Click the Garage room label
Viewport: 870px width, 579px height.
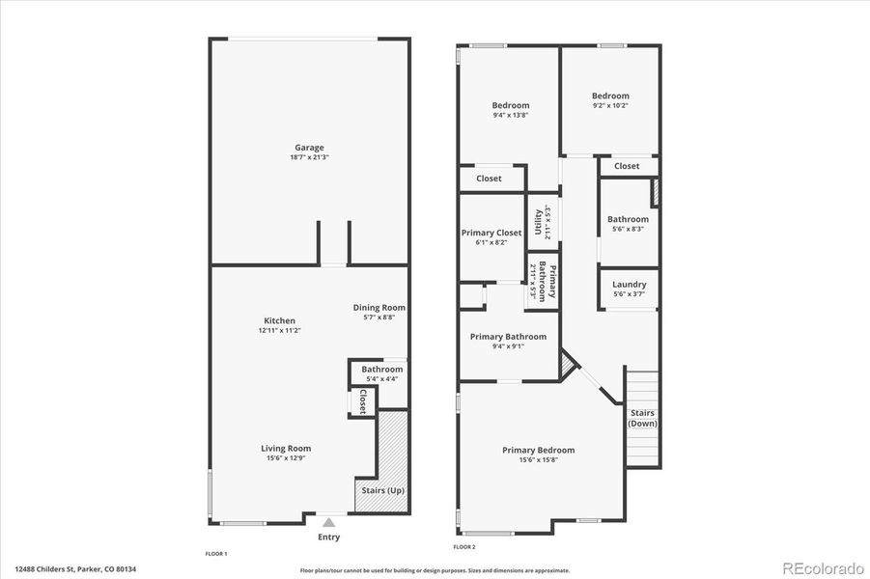309,148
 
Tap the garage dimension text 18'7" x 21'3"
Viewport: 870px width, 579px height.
309,157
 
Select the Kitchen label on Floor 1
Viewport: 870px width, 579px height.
280,320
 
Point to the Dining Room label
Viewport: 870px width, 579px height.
379,307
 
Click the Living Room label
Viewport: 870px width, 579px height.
286,448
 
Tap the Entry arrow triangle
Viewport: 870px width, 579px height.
328,522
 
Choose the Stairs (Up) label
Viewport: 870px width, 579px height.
383,491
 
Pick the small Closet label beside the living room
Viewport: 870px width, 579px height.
363,401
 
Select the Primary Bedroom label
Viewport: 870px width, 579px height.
538,450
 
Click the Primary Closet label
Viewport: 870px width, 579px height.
491,233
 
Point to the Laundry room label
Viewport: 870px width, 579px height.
629,285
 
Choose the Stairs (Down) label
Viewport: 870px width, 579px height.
642,418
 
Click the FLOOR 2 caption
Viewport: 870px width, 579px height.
464,547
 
